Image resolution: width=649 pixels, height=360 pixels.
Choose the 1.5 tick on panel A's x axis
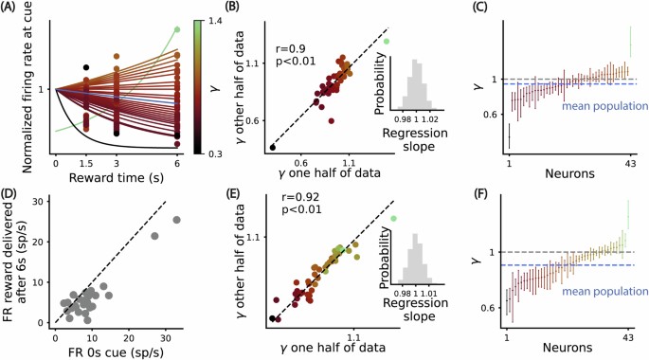[86, 163]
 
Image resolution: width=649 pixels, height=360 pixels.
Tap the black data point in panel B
[273, 148]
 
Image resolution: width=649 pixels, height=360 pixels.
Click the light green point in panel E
[392, 218]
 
